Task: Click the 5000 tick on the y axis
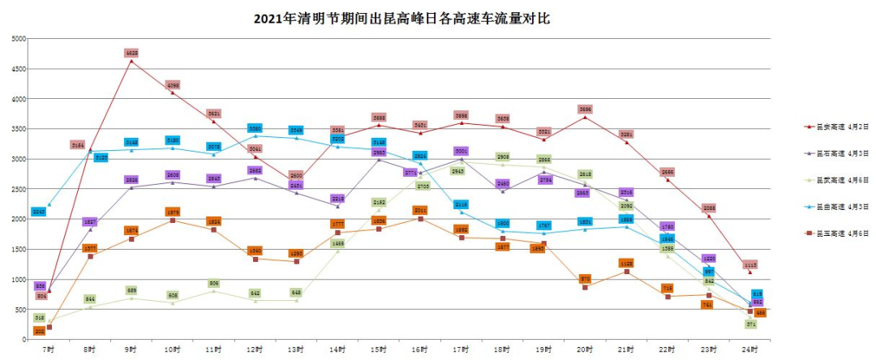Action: coord(18,38)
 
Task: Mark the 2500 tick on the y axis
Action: coord(18,189)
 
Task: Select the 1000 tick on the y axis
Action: coord(18,279)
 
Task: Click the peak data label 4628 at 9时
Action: coord(131,53)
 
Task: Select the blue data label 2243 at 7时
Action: coord(38,212)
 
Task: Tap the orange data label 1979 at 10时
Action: coord(173,212)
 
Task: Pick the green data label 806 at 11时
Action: coord(214,283)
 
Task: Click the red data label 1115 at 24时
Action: coord(750,264)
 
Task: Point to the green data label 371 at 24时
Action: coord(751,324)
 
